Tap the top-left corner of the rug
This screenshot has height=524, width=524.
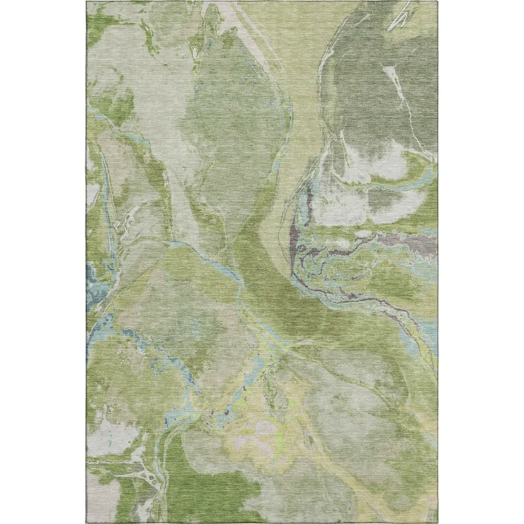87,2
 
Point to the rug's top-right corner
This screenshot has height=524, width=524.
437,2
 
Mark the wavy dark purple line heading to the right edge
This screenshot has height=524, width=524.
367,301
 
